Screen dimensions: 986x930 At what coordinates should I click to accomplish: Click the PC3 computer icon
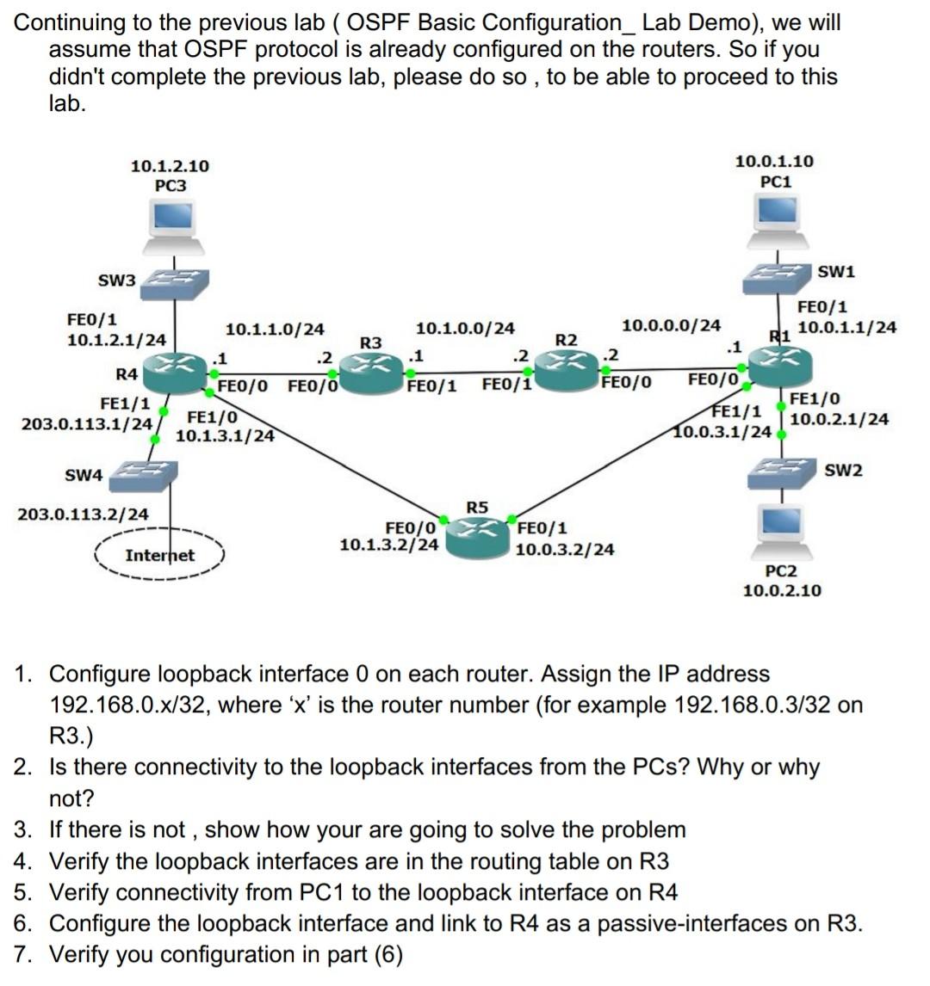(x=173, y=226)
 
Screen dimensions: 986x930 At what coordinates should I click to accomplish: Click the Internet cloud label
(x=159, y=556)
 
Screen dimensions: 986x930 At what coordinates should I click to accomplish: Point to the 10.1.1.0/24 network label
(x=275, y=330)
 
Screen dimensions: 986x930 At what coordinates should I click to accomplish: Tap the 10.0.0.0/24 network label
(x=671, y=325)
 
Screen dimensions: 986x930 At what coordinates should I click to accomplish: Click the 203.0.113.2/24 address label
(x=84, y=515)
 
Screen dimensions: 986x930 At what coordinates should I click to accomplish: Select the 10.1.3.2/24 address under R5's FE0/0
(x=389, y=545)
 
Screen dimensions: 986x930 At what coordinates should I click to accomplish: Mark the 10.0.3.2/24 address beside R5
(x=565, y=548)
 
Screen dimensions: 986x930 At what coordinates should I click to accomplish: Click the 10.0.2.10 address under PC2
(x=781, y=590)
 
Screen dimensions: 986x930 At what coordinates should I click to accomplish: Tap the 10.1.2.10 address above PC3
(x=170, y=166)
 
